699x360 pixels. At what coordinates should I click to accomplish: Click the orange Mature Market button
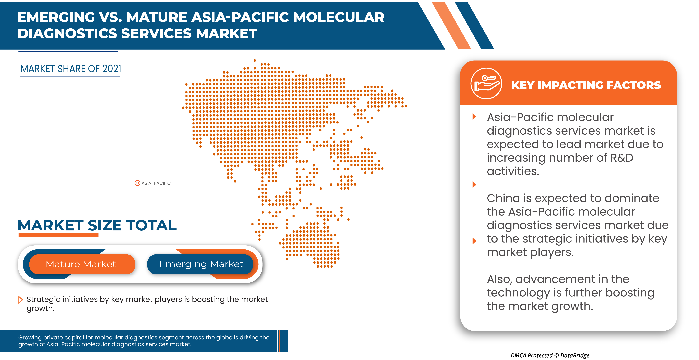(x=82, y=264)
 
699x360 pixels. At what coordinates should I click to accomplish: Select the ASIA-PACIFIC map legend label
(x=156, y=183)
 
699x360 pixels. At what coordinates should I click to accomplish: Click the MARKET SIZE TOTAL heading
(x=97, y=225)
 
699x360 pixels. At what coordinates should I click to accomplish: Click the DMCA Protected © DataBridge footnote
(x=550, y=355)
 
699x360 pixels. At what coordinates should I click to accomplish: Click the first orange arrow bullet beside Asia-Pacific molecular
(x=474, y=117)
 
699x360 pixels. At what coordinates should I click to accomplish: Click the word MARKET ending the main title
(x=227, y=34)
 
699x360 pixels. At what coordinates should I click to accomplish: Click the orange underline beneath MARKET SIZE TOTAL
(x=58, y=235)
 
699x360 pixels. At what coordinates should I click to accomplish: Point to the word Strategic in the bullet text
(x=43, y=300)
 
